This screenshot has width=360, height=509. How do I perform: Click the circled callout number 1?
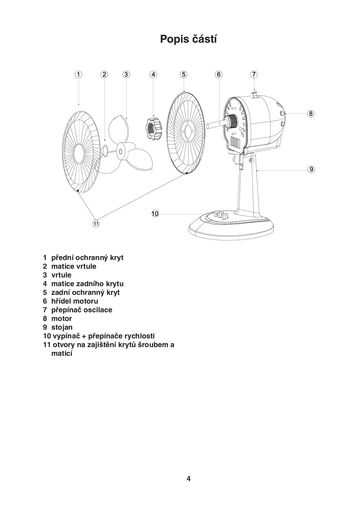[x=78, y=74]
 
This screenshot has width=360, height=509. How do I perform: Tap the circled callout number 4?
[x=153, y=74]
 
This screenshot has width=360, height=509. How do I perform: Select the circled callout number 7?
[x=254, y=74]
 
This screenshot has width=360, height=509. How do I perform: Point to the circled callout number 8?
[x=311, y=113]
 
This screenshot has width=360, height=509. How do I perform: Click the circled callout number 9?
[x=312, y=169]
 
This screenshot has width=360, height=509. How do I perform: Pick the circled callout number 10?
[x=155, y=214]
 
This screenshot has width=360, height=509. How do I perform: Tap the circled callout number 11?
[x=96, y=224]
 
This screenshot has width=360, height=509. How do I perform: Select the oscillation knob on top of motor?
[x=255, y=95]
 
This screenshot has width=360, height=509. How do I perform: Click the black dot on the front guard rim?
[x=78, y=191]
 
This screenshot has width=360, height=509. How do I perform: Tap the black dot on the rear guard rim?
[x=186, y=173]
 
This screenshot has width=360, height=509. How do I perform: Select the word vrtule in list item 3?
[x=61, y=275]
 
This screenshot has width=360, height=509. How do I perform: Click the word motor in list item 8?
[x=62, y=318]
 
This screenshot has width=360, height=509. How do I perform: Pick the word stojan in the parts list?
[x=62, y=327]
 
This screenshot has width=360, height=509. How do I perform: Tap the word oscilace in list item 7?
[x=98, y=310]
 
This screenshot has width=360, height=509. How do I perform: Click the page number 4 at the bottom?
[x=189, y=479]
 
